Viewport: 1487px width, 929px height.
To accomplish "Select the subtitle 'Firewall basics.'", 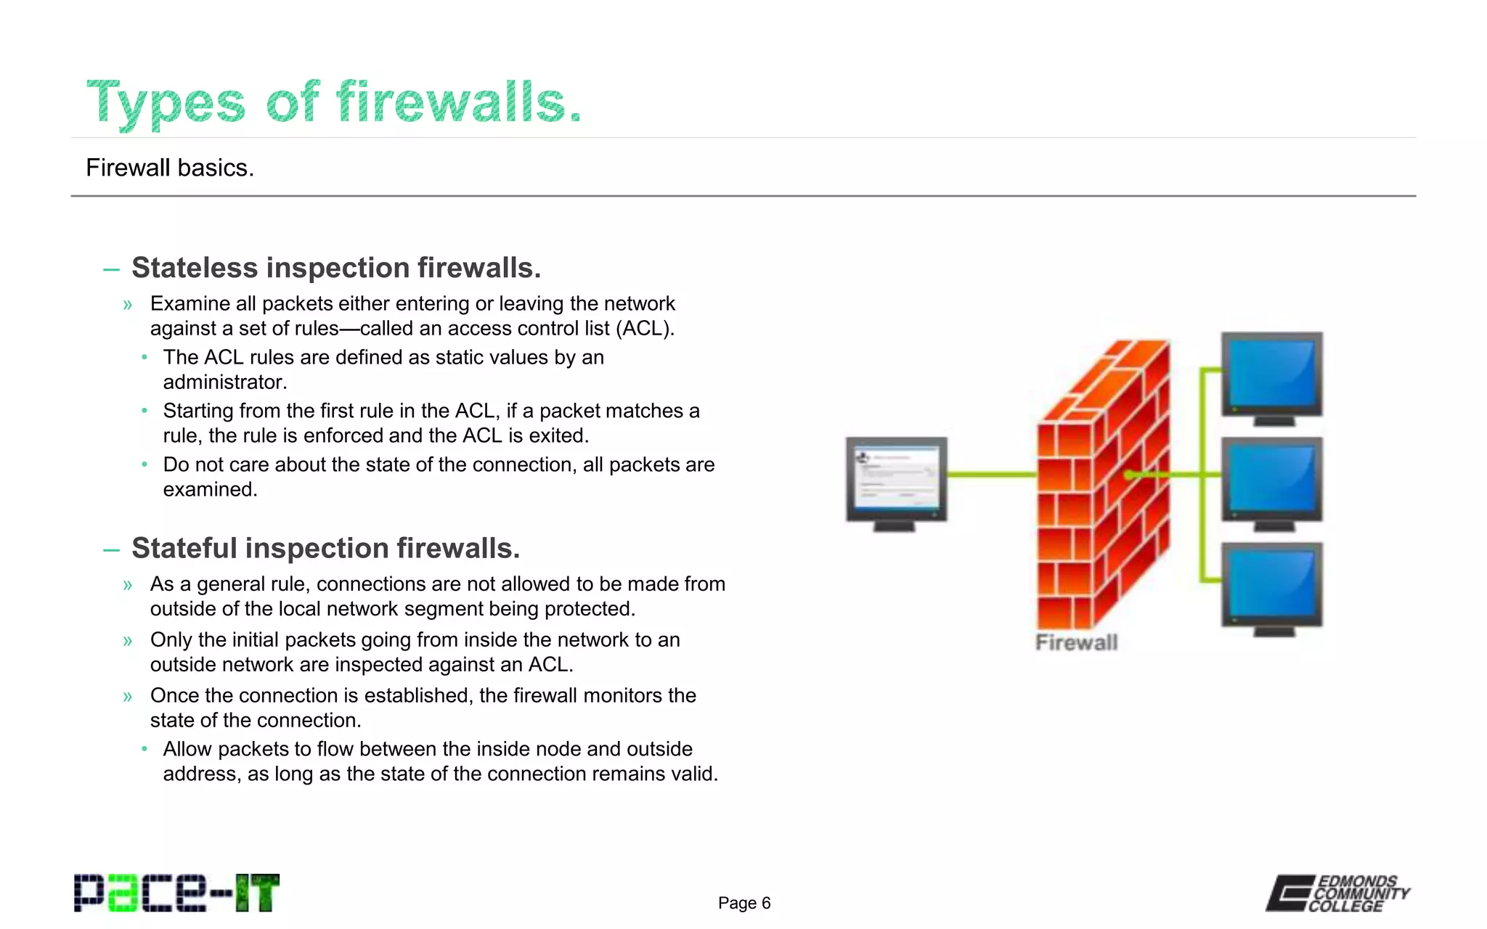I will (x=170, y=168).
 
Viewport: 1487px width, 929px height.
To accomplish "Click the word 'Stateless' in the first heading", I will (x=195, y=268).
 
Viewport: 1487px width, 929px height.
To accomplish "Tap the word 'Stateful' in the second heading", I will (x=184, y=548).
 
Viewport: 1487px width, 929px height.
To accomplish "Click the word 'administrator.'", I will (x=225, y=382).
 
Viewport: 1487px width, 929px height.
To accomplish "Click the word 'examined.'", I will (x=210, y=490).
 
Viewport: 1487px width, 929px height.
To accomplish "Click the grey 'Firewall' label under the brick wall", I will (x=1076, y=642).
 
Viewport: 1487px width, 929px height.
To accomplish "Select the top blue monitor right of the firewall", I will (x=1271, y=375).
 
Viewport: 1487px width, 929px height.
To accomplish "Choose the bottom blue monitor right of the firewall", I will (x=1271, y=586).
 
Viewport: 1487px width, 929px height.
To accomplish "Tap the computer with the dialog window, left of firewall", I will (x=897, y=480).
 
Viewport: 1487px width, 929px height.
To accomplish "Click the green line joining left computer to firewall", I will (x=991, y=475).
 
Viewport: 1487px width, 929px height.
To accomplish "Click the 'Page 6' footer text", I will (x=743, y=903).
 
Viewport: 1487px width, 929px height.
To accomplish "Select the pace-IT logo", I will (x=176, y=893).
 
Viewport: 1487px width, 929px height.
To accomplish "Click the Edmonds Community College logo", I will (x=1337, y=893).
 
